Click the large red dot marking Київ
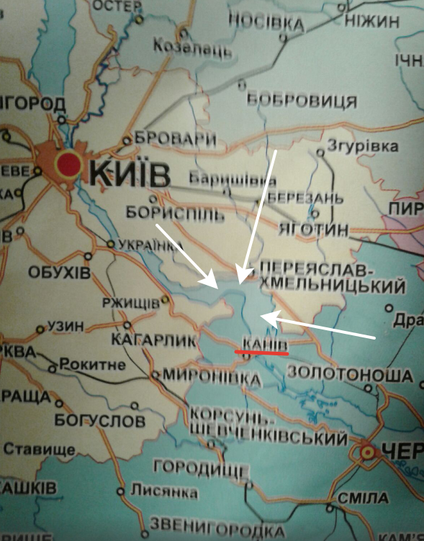tap(69, 164)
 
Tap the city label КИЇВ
tap(130, 173)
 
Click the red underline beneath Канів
tap(261, 353)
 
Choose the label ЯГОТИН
tap(312, 229)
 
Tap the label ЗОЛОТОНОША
tap(350, 374)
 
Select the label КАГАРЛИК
tap(153, 339)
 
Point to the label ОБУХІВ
tap(60, 273)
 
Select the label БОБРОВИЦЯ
tap(302, 100)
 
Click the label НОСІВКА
tap(266, 22)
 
